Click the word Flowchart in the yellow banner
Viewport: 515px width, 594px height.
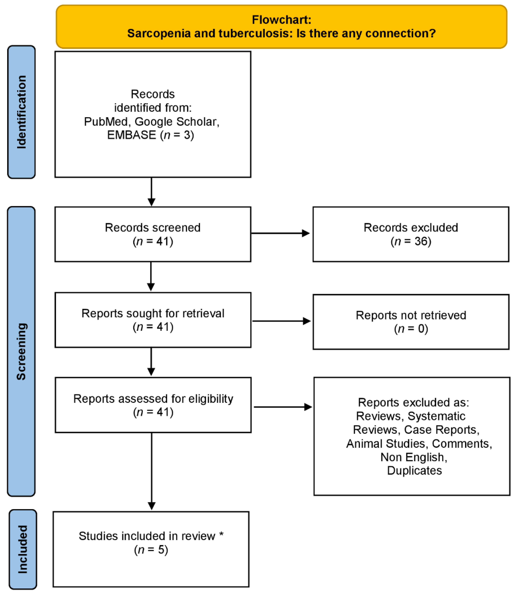[x=281, y=20]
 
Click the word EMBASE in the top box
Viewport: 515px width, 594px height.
[x=131, y=135]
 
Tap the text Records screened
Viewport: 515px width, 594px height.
[x=153, y=228]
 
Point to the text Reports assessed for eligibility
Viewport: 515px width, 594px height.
[x=153, y=399]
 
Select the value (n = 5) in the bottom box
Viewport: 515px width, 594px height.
[x=151, y=550]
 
